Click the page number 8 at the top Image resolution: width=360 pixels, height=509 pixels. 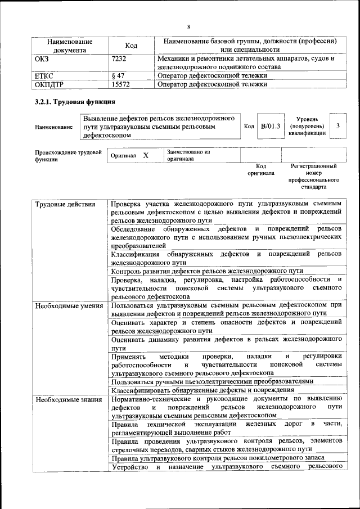coord(189,26)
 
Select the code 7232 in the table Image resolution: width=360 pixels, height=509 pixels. coord(120,58)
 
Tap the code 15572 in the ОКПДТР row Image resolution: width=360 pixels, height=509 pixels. coord(121,84)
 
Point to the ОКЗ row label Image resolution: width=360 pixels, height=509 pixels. coord(42,58)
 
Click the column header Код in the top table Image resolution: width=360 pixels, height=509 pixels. coord(130,46)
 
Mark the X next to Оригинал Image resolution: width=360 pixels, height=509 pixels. coord(146,155)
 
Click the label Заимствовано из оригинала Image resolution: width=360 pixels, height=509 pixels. coord(188,155)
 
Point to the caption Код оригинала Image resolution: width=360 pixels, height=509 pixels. coord(261,170)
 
